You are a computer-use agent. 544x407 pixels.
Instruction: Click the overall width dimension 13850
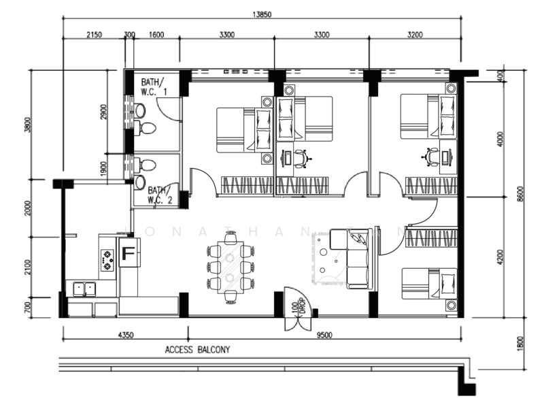click(261, 14)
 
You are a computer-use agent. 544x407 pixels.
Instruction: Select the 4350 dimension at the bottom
click(125, 334)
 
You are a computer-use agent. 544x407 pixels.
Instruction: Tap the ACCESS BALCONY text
click(197, 350)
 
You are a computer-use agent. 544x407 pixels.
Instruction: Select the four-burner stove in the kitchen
click(107, 260)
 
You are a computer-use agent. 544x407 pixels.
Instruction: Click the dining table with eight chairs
click(231, 266)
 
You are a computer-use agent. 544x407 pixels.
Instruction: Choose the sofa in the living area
click(355, 259)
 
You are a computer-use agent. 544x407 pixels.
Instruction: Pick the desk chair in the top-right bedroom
click(430, 157)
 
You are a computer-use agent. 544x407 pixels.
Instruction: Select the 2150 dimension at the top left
click(94, 34)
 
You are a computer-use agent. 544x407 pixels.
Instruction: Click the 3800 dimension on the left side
click(28, 126)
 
